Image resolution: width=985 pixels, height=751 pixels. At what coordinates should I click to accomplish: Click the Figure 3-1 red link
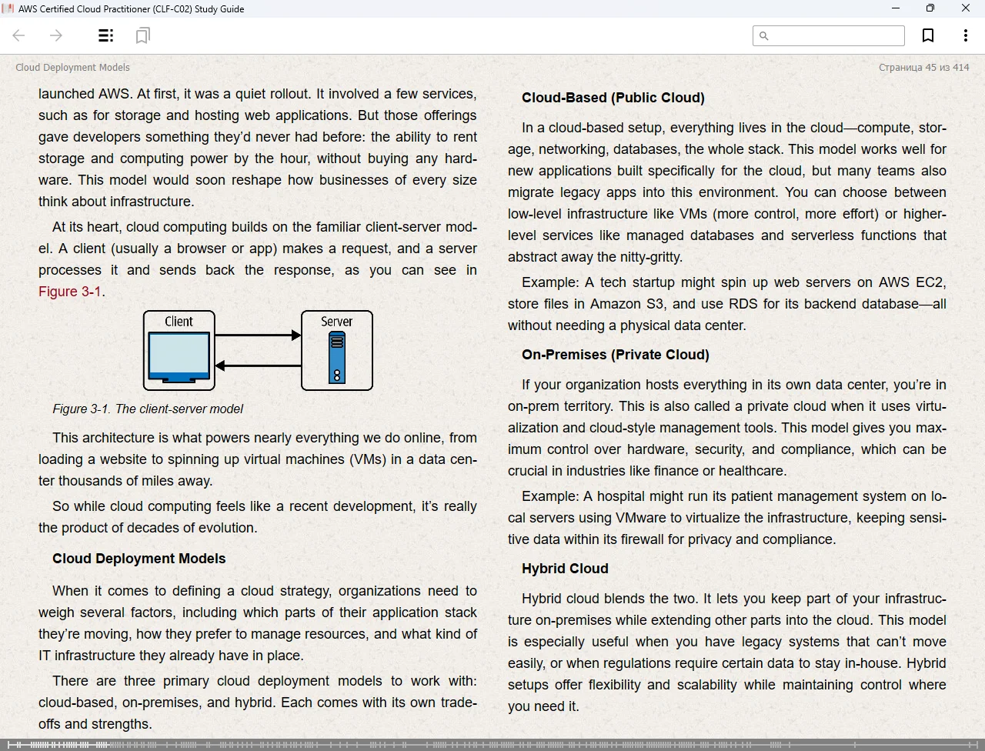tap(70, 292)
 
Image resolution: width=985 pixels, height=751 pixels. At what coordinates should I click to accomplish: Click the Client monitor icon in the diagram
tap(179, 356)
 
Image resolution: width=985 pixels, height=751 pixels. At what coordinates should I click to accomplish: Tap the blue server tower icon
tap(336, 359)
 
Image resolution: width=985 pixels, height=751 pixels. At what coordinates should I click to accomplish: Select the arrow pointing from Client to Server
tap(258, 335)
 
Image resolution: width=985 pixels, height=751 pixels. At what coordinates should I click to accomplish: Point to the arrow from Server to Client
tap(258, 365)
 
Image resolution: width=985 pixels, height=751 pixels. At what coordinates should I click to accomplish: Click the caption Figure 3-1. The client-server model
tap(148, 409)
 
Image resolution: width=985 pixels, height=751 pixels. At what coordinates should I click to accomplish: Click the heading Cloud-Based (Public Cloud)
tap(613, 98)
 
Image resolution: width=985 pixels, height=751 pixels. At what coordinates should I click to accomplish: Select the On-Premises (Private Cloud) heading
tap(615, 355)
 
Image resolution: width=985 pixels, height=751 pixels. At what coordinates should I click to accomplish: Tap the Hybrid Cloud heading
tap(565, 569)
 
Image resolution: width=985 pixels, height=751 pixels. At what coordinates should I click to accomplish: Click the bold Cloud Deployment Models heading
tap(139, 559)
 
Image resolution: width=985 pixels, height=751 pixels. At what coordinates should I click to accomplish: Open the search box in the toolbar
tap(829, 35)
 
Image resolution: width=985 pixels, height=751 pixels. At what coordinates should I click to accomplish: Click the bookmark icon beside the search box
tap(928, 35)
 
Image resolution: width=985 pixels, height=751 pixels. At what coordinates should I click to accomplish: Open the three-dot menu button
tap(965, 35)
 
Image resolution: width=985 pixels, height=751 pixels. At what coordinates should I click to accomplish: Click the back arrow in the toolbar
tap(19, 35)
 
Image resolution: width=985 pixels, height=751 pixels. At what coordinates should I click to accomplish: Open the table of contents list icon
tap(106, 35)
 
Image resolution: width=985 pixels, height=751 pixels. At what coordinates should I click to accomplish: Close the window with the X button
tap(966, 8)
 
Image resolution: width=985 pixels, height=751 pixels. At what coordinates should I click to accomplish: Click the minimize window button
tap(896, 8)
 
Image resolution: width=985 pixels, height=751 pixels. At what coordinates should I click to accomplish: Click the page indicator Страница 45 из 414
tap(923, 68)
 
